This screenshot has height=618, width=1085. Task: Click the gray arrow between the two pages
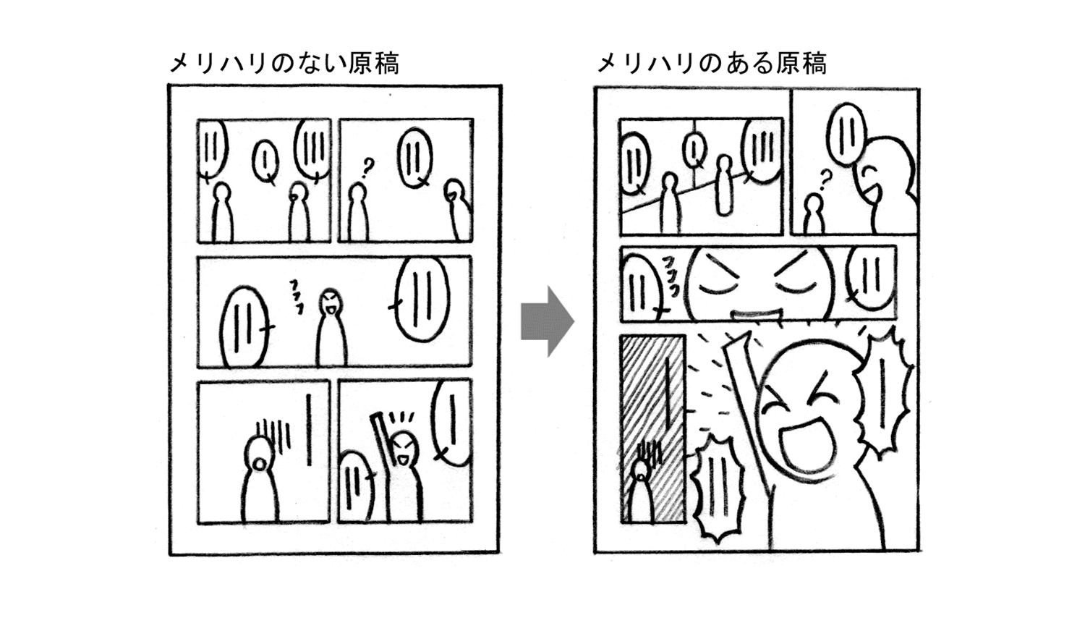click(x=546, y=321)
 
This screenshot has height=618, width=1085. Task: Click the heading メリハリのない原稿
click(x=284, y=64)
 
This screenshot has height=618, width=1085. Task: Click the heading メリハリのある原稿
click(x=712, y=64)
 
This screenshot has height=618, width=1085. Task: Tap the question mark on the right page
click(x=824, y=177)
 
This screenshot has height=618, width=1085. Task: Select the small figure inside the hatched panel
click(x=641, y=492)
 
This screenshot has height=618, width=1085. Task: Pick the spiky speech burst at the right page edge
click(x=884, y=391)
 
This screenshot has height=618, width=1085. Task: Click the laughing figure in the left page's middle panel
click(x=331, y=329)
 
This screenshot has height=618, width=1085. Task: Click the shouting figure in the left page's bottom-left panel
click(x=259, y=481)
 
